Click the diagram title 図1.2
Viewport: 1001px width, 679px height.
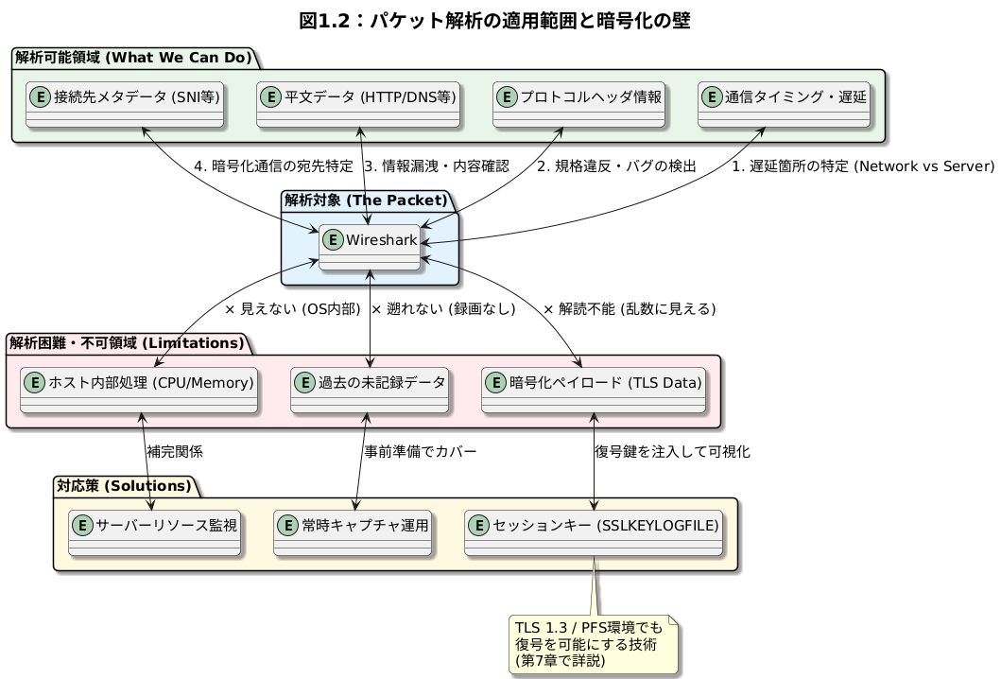500,21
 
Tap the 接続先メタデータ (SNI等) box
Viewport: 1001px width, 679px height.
125,104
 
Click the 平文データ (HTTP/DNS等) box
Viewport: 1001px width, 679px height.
358,104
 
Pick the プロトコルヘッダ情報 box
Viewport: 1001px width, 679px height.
580,104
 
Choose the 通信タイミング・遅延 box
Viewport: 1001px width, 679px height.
785,104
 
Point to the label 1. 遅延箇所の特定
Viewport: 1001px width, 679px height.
863,166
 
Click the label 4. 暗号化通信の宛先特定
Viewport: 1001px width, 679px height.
273,166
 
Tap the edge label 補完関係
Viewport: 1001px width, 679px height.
175,452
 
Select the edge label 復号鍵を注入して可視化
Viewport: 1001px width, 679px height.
672,452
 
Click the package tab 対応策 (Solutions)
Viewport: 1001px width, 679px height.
124,487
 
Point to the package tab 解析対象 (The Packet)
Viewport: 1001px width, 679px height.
364,200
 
